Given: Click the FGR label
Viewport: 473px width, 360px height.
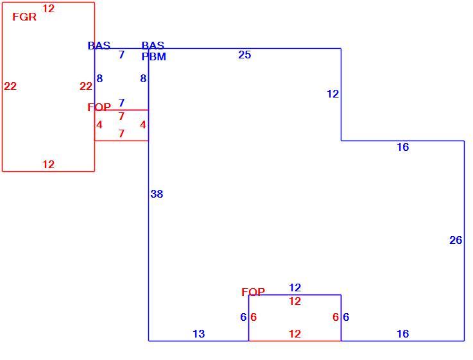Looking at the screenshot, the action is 24,17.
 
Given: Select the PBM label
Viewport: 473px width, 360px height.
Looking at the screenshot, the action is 154,56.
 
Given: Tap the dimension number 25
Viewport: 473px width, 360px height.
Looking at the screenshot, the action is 245,55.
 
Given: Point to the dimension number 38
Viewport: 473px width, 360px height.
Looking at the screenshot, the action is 157,194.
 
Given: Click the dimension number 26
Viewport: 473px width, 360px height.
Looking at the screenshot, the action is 456,240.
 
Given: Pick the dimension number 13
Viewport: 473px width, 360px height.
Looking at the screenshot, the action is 198,334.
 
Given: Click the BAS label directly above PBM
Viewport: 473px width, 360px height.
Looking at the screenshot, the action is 153,46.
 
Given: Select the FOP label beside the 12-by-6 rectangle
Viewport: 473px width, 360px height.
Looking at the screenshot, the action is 253,292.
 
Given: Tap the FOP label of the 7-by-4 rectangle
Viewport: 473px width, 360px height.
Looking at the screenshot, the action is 99,107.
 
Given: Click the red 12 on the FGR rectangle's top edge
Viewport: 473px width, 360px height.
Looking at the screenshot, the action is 48,8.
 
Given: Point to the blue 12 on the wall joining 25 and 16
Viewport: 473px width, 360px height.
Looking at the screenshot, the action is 332,94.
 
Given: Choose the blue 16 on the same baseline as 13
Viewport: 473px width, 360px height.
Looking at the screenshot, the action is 402,334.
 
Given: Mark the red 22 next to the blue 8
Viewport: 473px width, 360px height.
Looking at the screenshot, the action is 85,86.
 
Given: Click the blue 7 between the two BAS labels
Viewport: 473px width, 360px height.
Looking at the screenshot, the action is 121,55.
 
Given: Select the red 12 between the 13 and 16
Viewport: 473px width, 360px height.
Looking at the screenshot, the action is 295,334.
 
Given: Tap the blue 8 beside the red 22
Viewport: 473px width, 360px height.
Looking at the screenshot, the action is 99,78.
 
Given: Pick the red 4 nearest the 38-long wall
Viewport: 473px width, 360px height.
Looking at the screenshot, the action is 143,124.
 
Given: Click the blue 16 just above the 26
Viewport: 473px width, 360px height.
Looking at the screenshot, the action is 402,147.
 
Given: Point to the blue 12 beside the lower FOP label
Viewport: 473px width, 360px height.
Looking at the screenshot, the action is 295,287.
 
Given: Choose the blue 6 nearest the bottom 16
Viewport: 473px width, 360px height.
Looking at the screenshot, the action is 346,317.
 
